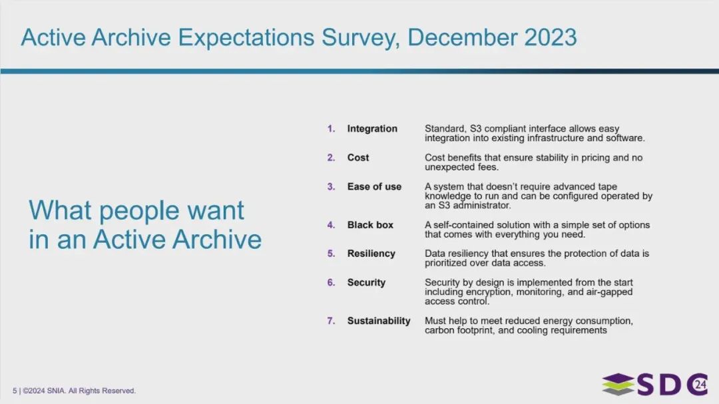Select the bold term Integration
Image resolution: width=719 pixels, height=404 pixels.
pyautogui.click(x=372, y=129)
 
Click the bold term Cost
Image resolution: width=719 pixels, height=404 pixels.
pyautogui.click(x=358, y=158)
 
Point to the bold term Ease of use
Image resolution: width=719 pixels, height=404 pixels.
pyautogui.click(x=374, y=187)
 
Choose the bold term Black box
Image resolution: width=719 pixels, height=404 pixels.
pyautogui.click(x=370, y=225)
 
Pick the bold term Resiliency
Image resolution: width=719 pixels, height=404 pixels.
pyautogui.click(x=371, y=254)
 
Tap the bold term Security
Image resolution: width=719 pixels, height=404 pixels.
pyautogui.click(x=366, y=283)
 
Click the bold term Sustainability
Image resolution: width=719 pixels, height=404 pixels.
pyautogui.click(x=379, y=321)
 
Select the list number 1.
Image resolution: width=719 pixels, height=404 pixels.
pyautogui.click(x=331, y=129)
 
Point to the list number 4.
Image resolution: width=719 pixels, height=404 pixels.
pyautogui.click(x=331, y=225)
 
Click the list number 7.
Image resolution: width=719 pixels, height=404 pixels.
pyautogui.click(x=331, y=321)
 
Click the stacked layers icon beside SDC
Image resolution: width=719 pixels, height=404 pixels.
pyautogui.click(x=618, y=385)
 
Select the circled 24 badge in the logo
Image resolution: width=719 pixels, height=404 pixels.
pyautogui.click(x=700, y=384)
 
